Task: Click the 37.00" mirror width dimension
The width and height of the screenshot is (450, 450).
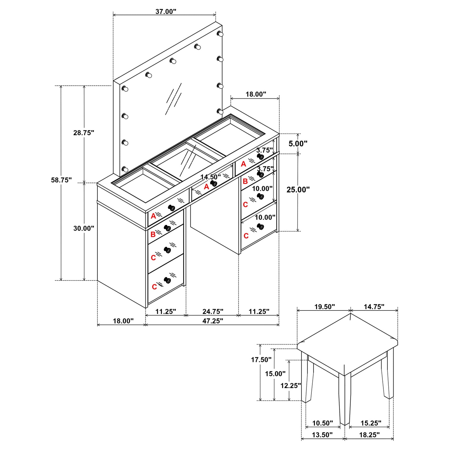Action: [166, 12]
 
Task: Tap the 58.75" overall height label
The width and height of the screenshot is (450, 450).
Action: [61, 180]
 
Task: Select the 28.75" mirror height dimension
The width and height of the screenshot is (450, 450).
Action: [83, 133]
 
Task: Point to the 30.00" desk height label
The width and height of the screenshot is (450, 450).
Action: [83, 228]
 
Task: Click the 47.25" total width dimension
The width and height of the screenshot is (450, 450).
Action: [213, 321]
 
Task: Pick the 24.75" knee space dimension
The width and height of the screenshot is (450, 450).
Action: [213, 311]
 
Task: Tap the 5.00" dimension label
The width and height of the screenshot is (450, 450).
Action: [298, 144]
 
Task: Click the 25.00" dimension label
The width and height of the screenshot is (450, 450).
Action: [298, 189]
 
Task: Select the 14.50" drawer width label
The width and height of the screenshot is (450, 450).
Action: [210, 177]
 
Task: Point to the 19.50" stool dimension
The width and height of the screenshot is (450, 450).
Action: [324, 307]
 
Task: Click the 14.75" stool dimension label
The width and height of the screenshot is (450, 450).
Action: [374, 307]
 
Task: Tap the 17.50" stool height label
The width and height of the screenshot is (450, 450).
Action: [261, 360]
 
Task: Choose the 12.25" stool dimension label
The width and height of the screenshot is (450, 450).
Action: [291, 386]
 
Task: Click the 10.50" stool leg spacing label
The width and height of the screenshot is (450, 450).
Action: [322, 423]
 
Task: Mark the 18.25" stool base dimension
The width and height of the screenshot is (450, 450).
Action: [369, 435]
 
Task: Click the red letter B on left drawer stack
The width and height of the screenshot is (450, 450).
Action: [153, 234]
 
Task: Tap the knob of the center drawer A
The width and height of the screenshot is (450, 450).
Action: [214, 183]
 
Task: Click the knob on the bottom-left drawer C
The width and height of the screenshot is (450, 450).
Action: [168, 280]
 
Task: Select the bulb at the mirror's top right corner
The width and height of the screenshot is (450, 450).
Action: [220, 34]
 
